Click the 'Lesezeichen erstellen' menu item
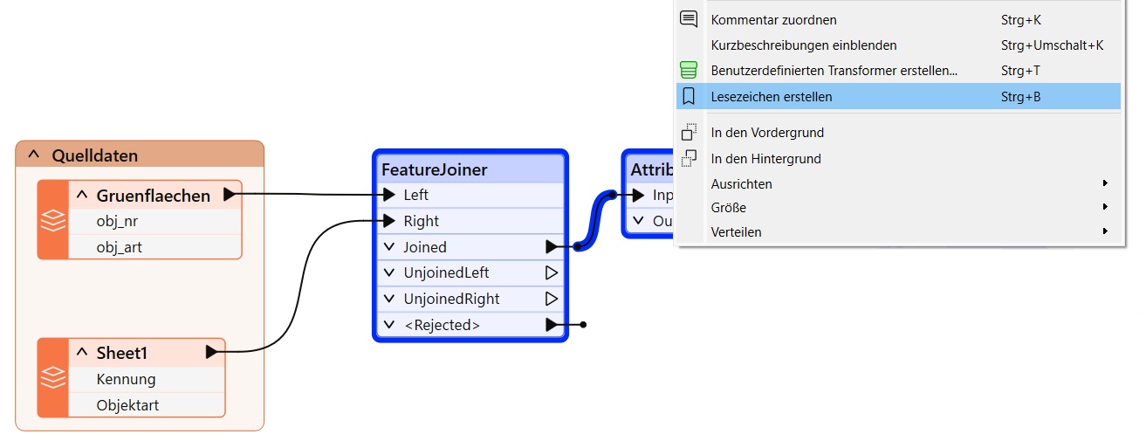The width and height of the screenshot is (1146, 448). click(x=771, y=97)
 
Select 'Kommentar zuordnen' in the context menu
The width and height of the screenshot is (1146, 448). click(x=773, y=20)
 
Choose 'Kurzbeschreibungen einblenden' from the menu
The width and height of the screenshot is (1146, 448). click(x=804, y=45)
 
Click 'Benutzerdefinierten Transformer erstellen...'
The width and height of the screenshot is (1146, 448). click(x=834, y=71)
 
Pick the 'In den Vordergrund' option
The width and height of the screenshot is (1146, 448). click(x=767, y=133)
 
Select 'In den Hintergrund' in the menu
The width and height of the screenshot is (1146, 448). click(x=765, y=159)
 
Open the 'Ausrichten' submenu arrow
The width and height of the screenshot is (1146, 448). click(x=1105, y=183)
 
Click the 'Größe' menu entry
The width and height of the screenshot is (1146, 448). click(x=729, y=207)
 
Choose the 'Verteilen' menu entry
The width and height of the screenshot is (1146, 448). click(x=736, y=232)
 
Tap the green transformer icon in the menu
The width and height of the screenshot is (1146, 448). click(x=689, y=70)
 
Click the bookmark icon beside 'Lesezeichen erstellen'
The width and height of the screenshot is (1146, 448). click(x=689, y=96)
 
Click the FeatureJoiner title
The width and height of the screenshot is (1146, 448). click(x=435, y=169)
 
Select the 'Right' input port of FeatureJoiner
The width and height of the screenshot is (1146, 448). click(x=389, y=221)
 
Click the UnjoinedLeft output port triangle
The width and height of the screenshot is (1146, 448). click(x=551, y=272)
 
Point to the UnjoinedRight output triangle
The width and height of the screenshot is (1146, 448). click(x=551, y=299)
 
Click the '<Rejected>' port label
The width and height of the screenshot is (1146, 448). click(x=442, y=325)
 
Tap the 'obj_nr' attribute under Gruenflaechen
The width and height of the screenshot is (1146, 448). click(x=117, y=221)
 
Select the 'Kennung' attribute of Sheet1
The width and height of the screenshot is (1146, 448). click(x=126, y=379)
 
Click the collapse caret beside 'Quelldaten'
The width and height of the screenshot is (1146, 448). click(x=34, y=154)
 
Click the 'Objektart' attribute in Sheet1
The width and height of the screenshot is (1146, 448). click(x=127, y=405)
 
